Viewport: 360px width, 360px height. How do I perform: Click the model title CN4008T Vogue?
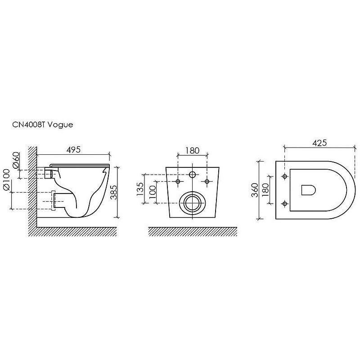(x=42, y=125)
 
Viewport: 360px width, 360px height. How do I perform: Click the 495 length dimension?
(x=73, y=150)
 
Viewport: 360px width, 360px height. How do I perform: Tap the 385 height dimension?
(x=114, y=192)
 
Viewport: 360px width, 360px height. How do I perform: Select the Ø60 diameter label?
(x=16, y=160)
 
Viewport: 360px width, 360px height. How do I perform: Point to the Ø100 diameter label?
(x=6, y=180)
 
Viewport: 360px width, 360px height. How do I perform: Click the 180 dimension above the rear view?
(x=193, y=151)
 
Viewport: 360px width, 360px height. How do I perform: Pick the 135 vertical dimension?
(x=140, y=189)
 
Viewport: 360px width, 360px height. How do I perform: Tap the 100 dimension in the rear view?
(x=153, y=193)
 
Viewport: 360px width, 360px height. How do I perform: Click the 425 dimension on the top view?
(x=319, y=143)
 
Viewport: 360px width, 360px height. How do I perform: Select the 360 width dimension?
(x=255, y=190)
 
